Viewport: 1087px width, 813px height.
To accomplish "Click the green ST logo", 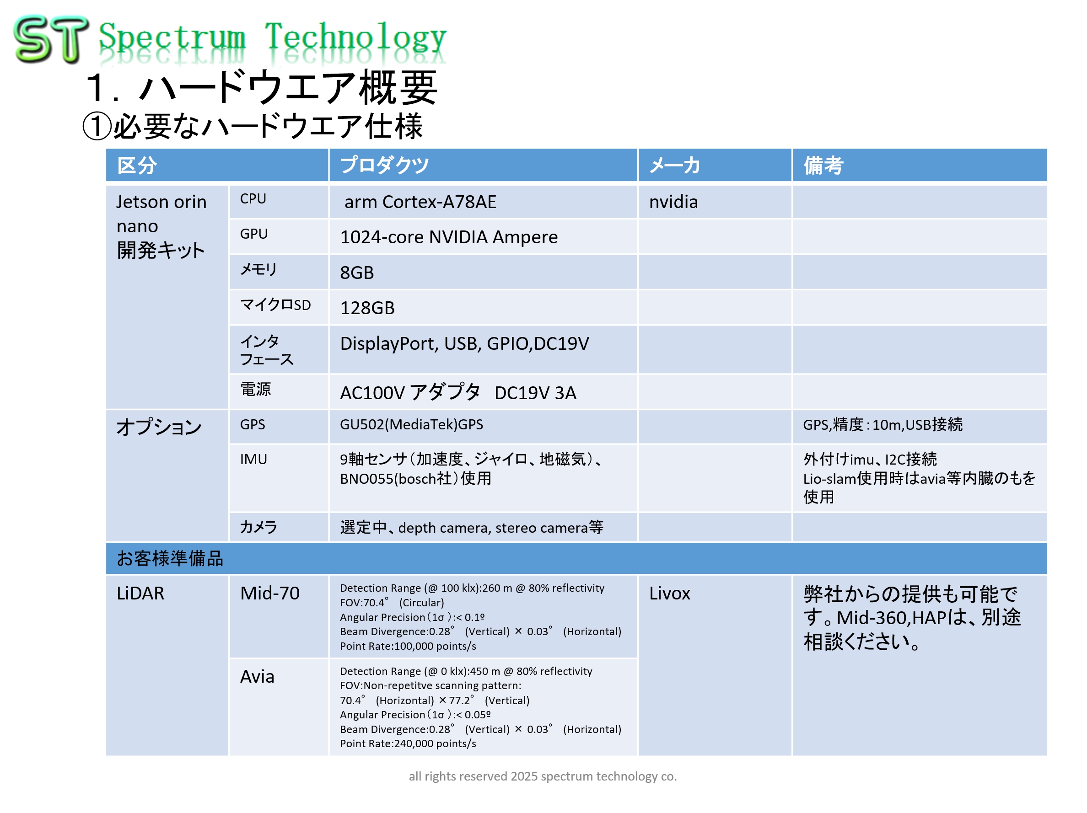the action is (x=51, y=39).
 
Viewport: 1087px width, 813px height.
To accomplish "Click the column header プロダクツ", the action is (x=384, y=165).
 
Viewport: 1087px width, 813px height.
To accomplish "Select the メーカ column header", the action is (x=674, y=165).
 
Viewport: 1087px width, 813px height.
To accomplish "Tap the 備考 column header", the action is (x=823, y=165).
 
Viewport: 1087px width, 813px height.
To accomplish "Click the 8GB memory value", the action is (x=357, y=273).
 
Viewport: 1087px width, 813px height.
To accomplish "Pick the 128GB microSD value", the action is (x=367, y=308).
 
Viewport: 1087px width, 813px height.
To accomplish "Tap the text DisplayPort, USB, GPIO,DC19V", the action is (x=464, y=343).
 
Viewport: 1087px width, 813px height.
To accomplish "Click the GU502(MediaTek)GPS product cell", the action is (x=411, y=424).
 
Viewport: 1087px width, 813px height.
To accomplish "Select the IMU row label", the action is (x=253, y=459).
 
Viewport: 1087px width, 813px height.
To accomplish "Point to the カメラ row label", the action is (x=258, y=527).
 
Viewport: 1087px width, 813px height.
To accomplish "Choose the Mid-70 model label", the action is (x=269, y=594).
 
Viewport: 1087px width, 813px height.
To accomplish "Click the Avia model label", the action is (x=257, y=677).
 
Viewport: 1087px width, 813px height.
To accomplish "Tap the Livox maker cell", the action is (x=669, y=594).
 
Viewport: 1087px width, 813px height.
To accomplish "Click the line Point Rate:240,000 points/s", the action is (x=408, y=744).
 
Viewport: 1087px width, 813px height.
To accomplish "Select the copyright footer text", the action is (x=543, y=776).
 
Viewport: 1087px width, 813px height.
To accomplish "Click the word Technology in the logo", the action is (x=356, y=38).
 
